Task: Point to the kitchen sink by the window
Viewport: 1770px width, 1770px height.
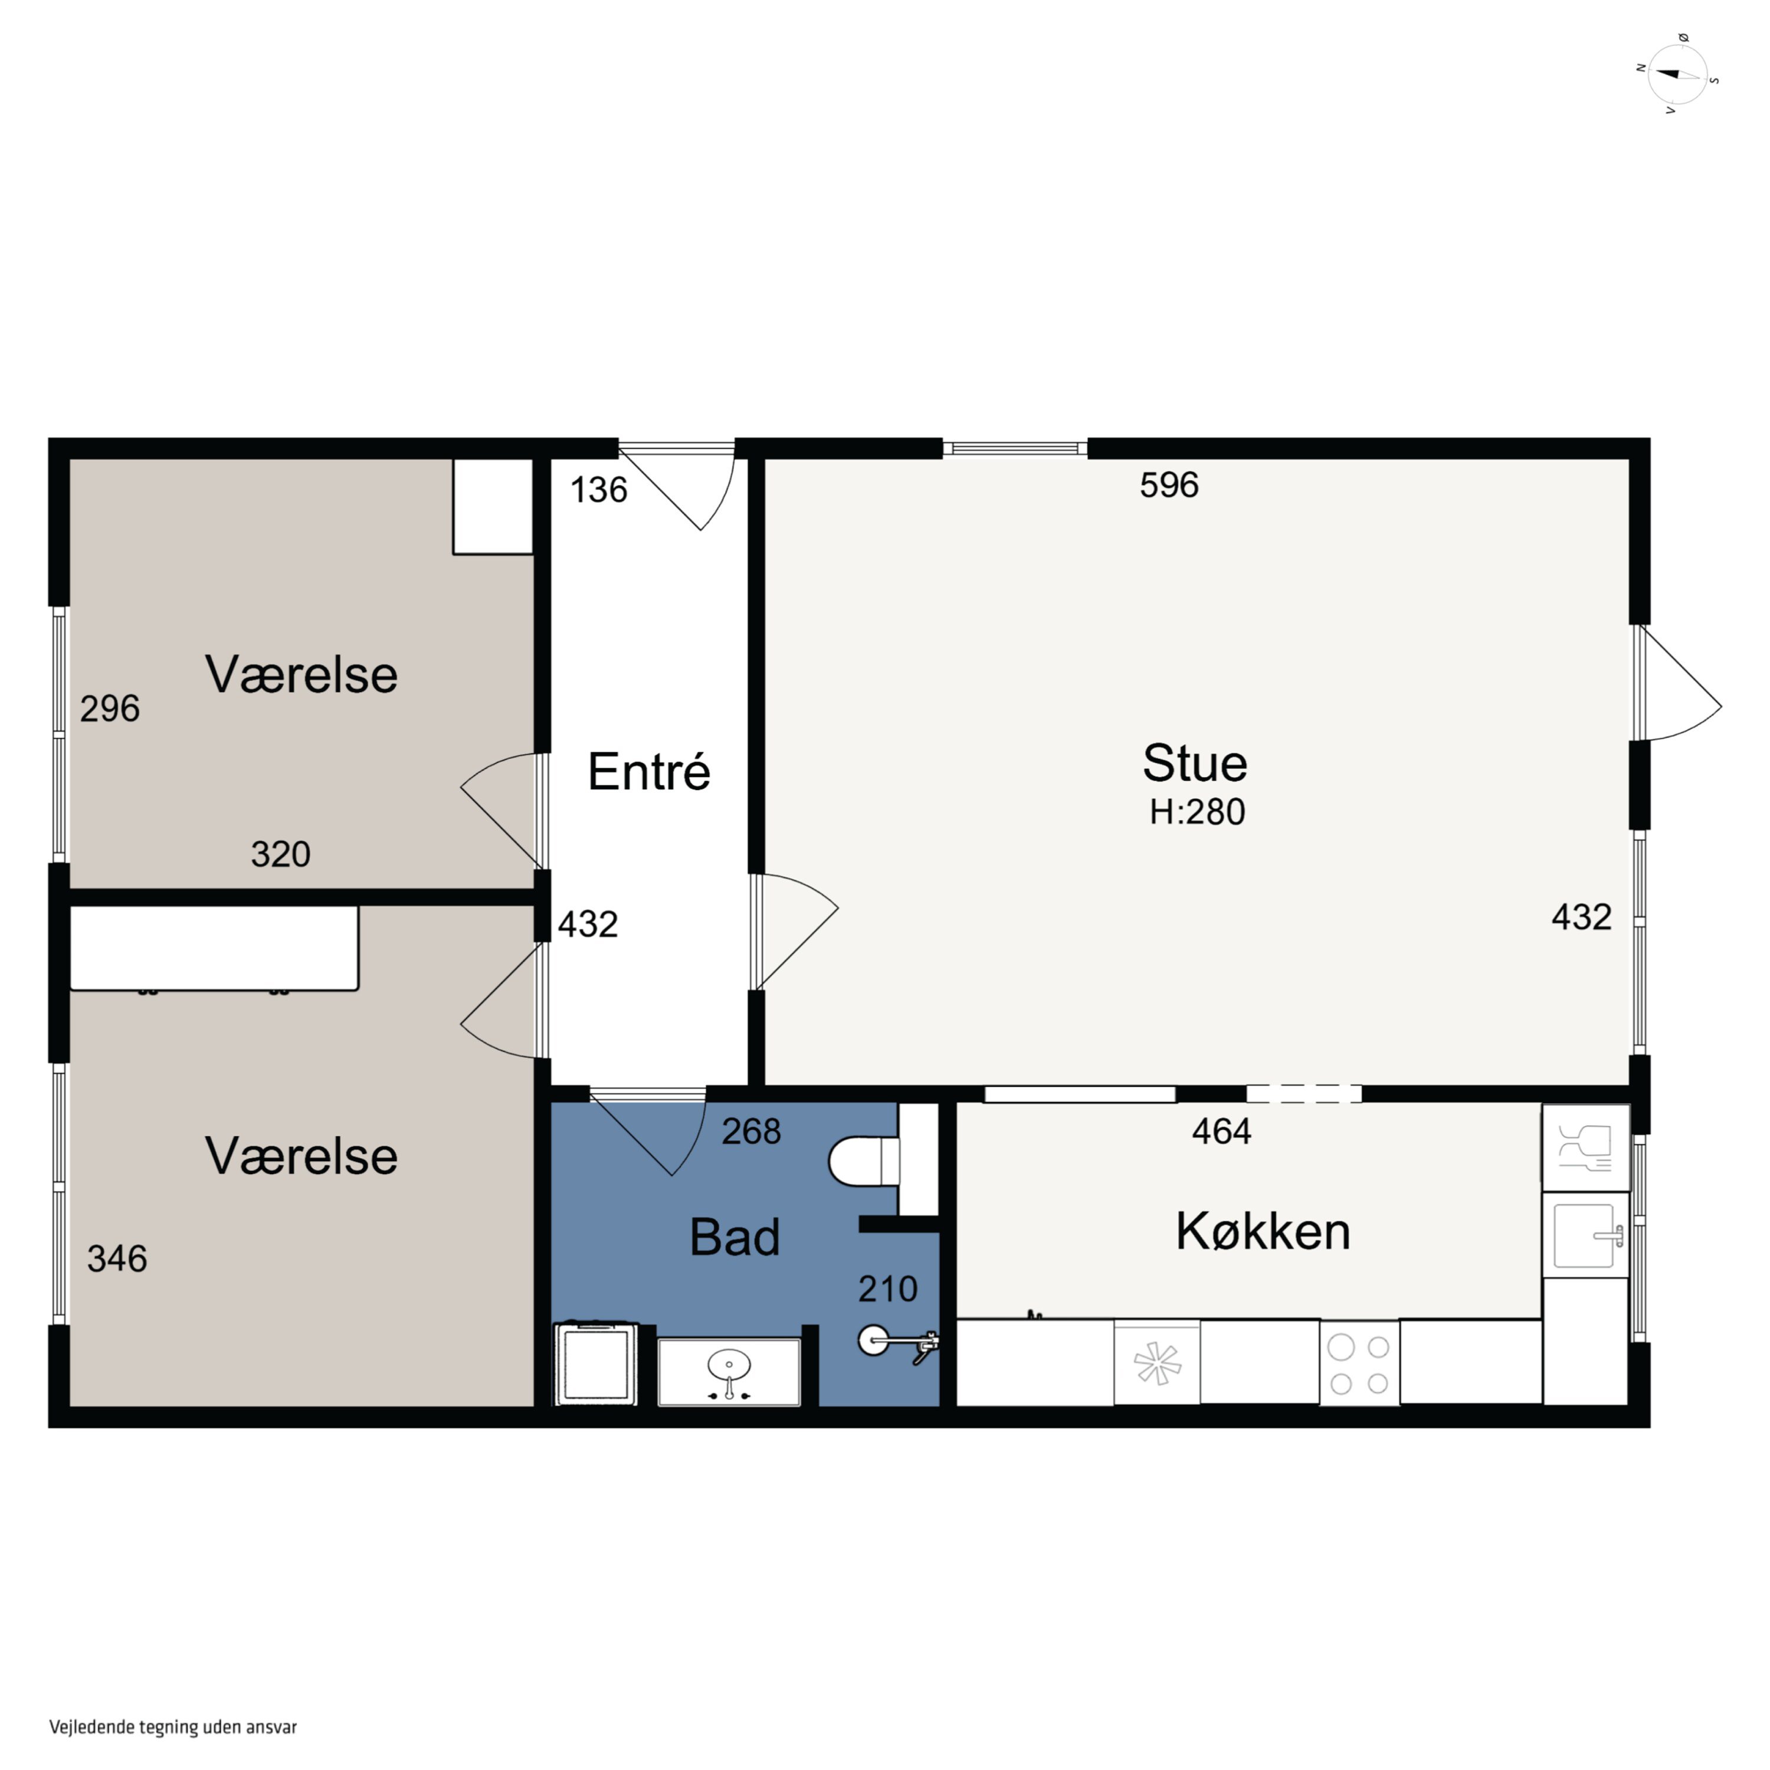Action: pos(1586,1235)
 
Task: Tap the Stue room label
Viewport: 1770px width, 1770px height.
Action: pos(1195,763)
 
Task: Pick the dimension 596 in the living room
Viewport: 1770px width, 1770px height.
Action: pos(1169,484)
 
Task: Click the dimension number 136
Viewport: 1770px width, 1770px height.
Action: pos(599,490)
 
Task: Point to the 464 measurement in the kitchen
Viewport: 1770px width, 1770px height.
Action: pos(1221,1132)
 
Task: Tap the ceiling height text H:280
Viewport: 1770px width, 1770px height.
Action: pos(1198,812)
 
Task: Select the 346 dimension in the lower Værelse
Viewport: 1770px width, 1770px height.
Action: pos(117,1259)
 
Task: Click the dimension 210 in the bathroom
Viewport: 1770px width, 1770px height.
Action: pos(888,1289)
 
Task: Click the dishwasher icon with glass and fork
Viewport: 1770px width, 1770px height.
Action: pos(1586,1147)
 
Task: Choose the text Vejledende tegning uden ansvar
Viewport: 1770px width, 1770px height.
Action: pos(173,1727)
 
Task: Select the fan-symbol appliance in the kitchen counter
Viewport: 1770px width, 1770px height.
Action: pos(1157,1362)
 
